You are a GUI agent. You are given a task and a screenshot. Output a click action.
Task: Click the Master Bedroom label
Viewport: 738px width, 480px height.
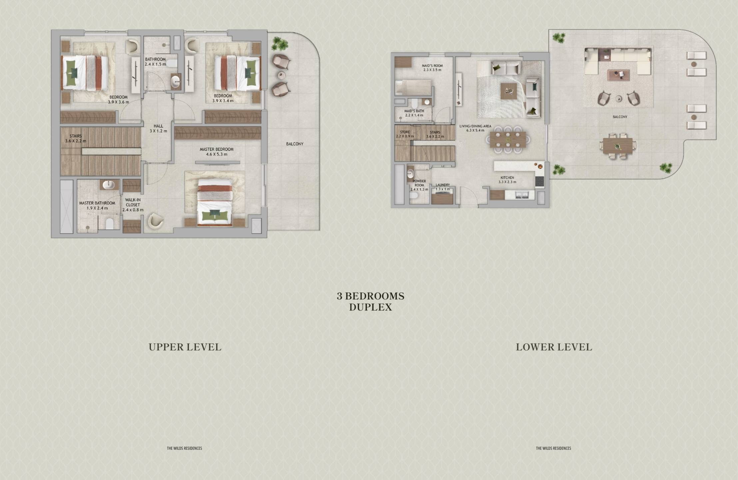[x=217, y=149]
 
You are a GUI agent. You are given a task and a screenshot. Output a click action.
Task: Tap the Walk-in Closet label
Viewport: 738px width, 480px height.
[x=133, y=202]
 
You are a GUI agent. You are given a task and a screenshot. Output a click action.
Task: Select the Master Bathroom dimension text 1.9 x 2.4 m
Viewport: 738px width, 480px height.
[x=97, y=208]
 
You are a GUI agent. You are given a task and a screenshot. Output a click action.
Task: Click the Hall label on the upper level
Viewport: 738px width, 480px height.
[x=158, y=126]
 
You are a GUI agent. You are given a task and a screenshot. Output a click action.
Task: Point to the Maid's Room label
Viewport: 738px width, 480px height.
[x=432, y=66]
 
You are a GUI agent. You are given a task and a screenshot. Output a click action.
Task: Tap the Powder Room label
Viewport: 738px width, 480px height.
[x=419, y=183]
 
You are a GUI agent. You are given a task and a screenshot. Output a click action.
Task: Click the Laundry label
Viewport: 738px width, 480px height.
[x=443, y=185]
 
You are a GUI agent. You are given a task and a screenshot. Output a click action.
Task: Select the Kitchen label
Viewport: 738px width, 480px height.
[x=507, y=178]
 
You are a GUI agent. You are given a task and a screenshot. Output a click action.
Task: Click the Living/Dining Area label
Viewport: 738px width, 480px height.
[x=475, y=126]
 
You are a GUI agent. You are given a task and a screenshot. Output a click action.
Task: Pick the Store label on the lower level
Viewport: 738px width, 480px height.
[x=405, y=132]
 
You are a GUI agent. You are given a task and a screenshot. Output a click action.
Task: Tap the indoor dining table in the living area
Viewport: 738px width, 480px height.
[x=507, y=139]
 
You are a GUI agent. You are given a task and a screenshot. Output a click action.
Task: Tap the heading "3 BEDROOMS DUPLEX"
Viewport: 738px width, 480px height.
[x=370, y=301]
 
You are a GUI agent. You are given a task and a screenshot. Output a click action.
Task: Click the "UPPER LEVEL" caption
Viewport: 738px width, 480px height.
[x=185, y=347]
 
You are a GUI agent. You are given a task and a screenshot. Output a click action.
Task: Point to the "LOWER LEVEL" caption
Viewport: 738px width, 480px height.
[x=554, y=347]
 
